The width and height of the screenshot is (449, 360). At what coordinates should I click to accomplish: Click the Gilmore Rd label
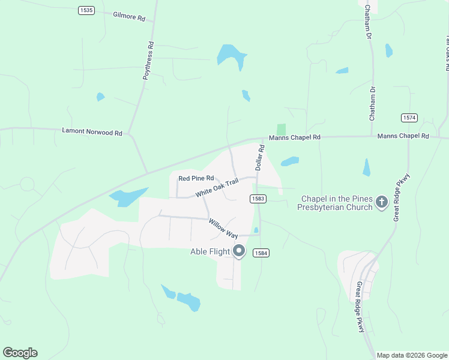pyautogui.click(x=129, y=17)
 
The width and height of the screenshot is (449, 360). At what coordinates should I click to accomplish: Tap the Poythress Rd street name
pyautogui.click(x=148, y=61)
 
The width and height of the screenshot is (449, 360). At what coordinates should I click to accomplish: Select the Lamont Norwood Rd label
pyautogui.click(x=92, y=131)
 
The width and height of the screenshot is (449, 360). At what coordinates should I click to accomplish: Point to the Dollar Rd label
pyautogui.click(x=260, y=158)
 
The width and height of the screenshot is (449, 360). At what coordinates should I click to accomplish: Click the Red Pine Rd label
pyautogui.click(x=196, y=178)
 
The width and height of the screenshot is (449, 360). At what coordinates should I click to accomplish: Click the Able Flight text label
pyautogui.click(x=210, y=251)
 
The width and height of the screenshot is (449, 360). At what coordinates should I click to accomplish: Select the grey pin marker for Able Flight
pyautogui.click(x=239, y=251)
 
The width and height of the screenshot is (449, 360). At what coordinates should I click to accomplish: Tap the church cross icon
pyautogui.click(x=381, y=203)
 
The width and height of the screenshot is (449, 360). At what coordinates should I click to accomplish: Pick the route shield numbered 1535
pyautogui.click(x=86, y=10)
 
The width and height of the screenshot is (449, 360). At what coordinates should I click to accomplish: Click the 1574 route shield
pyautogui.click(x=409, y=118)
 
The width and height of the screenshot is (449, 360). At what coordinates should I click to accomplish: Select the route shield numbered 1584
pyautogui.click(x=261, y=253)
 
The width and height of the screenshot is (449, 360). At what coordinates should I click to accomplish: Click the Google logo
pyautogui.click(x=20, y=352)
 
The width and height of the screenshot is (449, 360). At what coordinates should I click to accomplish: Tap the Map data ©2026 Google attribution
pyautogui.click(x=412, y=355)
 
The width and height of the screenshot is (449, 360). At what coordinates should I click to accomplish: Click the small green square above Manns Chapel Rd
pyautogui.click(x=281, y=130)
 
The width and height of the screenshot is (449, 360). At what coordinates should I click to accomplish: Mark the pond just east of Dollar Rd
pyautogui.click(x=290, y=161)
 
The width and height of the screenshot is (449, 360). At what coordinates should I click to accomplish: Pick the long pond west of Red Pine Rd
pyautogui.click(x=128, y=197)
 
